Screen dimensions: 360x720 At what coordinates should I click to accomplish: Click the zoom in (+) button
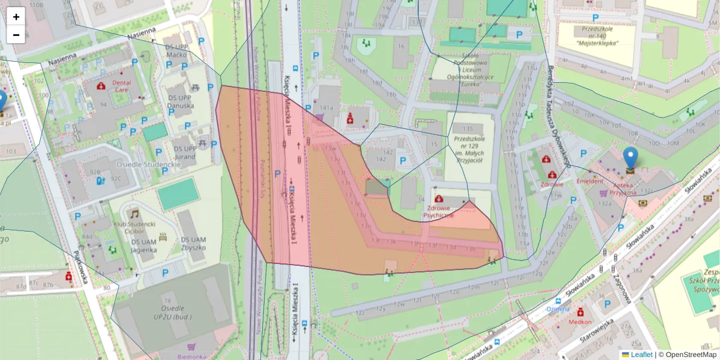coord(16,16)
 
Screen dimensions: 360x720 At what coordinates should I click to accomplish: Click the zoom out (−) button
coord(16,35)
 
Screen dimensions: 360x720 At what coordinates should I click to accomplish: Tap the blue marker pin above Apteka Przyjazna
coord(631,158)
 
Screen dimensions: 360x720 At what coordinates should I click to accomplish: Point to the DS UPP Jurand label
coord(185,152)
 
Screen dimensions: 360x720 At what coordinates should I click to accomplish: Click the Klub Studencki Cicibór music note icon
coord(134,214)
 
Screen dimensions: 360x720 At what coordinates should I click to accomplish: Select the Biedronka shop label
coord(193,356)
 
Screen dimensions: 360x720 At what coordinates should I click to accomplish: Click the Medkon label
coord(581,322)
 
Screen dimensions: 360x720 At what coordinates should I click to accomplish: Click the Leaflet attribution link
coord(641,355)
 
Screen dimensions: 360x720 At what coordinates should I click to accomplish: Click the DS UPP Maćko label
coord(176,51)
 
